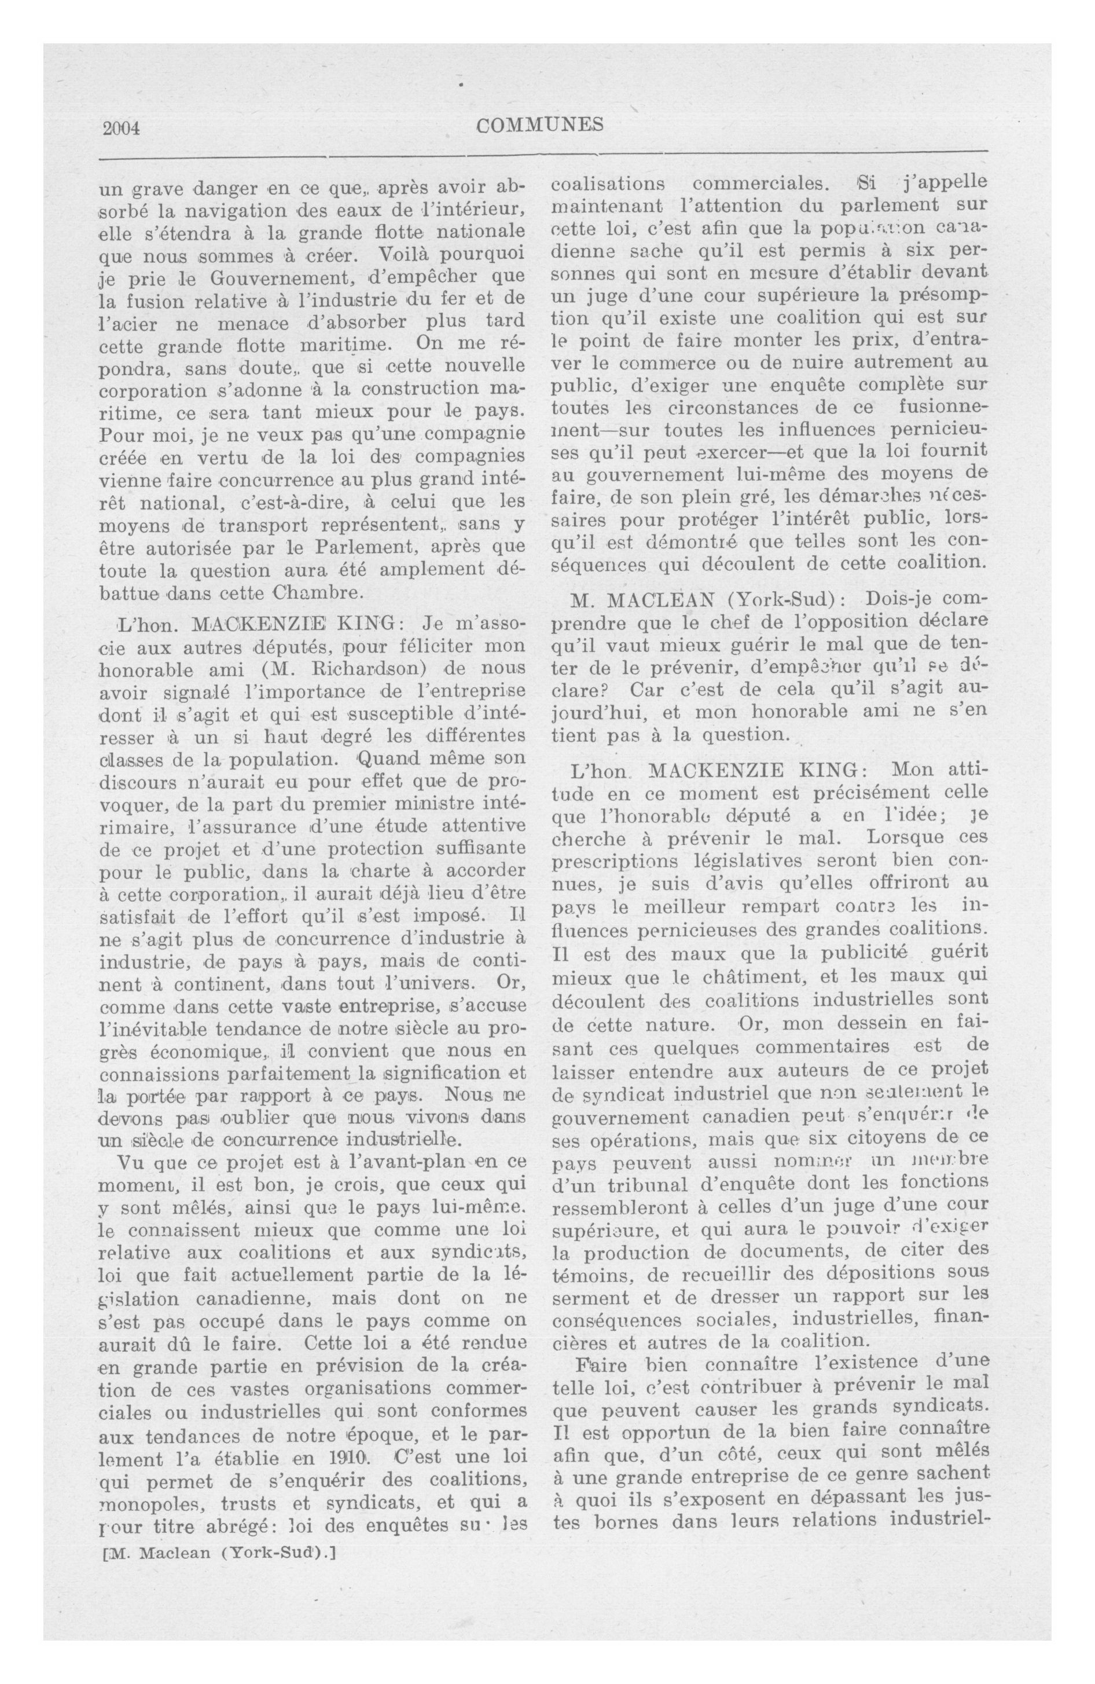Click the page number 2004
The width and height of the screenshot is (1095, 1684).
(x=122, y=128)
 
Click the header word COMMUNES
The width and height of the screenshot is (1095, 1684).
(x=540, y=126)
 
